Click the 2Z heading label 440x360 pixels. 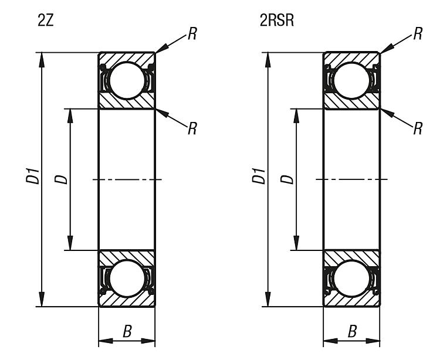pos(45,21)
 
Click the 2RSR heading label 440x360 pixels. pos(277,21)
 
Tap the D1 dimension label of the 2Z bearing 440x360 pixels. pos(33,176)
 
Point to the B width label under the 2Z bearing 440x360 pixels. pos(127,331)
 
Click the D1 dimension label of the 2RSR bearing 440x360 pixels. pos(259,176)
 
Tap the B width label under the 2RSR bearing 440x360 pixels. pos(352,331)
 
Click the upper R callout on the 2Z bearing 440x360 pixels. pos(192,33)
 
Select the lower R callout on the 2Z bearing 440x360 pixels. pos(192,128)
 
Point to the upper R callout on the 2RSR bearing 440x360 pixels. pos(418,33)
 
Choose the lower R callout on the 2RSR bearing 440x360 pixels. pos(418,128)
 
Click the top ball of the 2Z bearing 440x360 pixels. pos(127,80)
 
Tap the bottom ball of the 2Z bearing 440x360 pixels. pos(127,278)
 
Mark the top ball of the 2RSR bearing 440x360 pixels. pos(352,80)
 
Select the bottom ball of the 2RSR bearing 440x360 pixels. pos(352,278)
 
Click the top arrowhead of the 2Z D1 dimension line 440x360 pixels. pos(42,60)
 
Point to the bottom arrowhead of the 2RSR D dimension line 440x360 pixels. pos(296,243)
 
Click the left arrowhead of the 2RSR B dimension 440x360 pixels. pos(330,341)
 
